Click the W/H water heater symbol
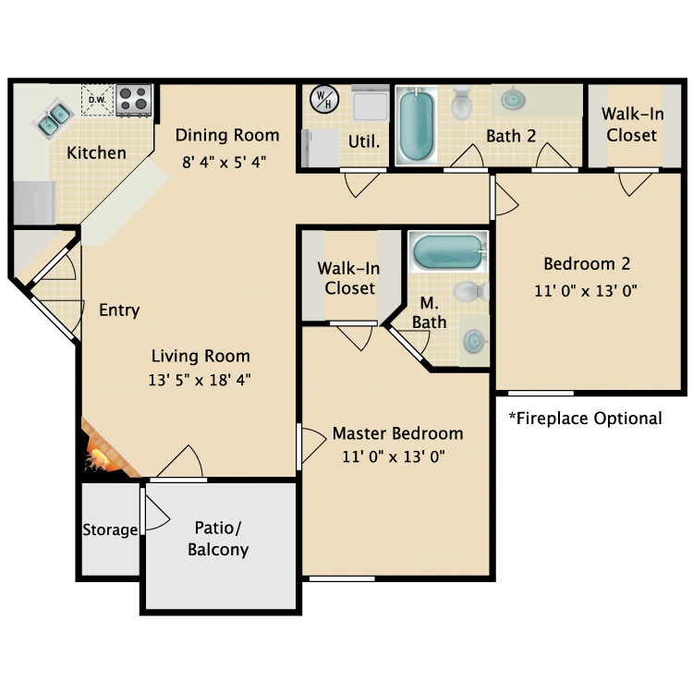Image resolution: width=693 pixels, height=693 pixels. [322, 99]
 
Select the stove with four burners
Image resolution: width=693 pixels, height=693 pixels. [135, 100]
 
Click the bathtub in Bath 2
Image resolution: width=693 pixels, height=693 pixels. [418, 125]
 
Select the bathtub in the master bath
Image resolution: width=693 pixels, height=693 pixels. [447, 250]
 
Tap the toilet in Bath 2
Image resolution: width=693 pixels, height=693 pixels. [463, 103]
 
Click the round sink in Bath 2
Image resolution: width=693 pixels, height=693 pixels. [512, 98]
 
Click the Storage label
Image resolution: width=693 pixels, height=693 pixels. [110, 530]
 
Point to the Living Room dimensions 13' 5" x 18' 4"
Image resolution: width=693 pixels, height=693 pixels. [201, 379]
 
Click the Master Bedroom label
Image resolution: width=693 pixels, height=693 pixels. [397, 433]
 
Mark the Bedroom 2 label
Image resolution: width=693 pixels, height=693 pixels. [587, 264]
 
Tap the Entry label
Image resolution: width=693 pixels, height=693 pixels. [119, 310]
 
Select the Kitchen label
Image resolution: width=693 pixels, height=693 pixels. [97, 152]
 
